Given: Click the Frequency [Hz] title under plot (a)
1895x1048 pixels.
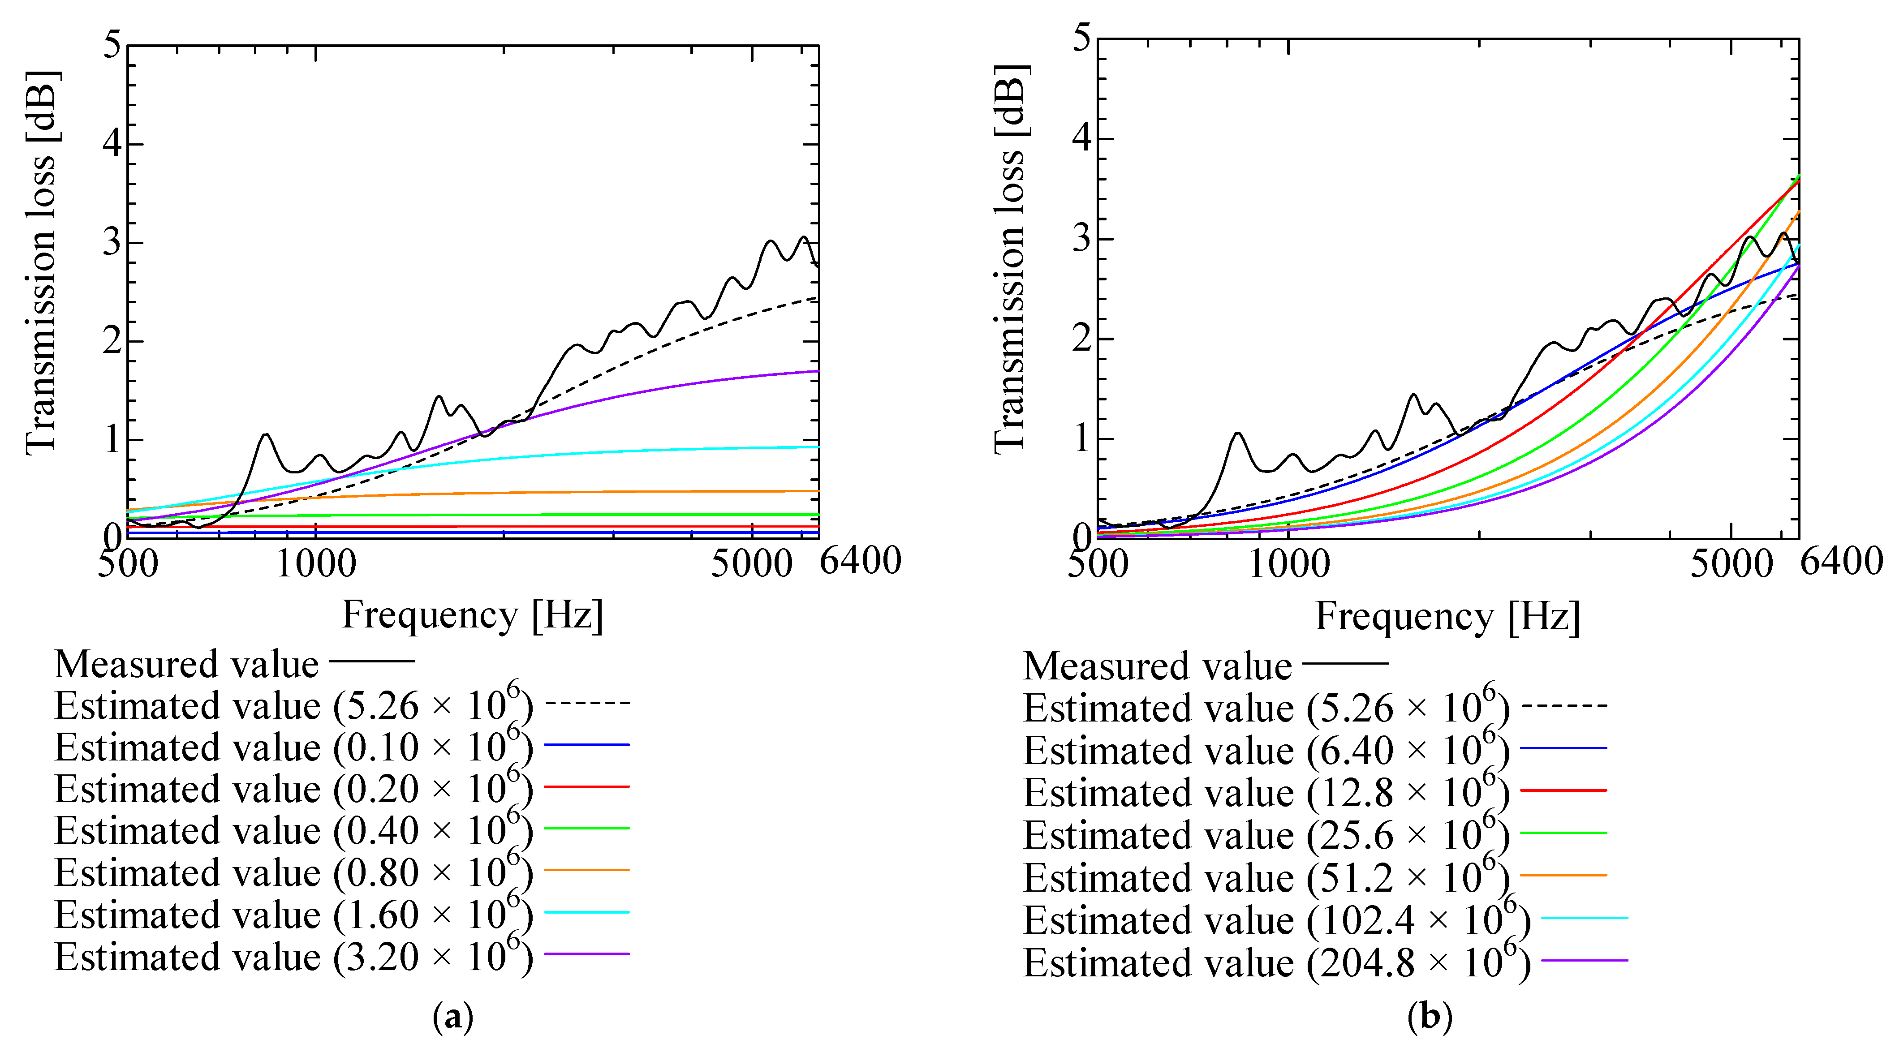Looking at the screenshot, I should (x=472, y=615).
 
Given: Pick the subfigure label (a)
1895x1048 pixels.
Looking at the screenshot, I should (x=453, y=1018).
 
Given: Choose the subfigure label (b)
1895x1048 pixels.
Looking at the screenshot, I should (x=1430, y=1018).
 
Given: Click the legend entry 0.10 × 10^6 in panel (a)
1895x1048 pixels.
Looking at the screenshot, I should (x=294, y=747).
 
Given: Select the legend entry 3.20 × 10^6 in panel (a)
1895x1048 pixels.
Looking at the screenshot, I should (x=294, y=956).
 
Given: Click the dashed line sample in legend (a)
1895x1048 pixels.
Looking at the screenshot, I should (x=587, y=703).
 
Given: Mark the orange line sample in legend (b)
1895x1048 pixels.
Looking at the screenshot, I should (x=1563, y=875).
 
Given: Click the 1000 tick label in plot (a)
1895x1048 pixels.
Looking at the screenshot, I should (x=315, y=564).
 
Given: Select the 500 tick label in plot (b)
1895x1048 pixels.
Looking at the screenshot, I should (x=1098, y=564).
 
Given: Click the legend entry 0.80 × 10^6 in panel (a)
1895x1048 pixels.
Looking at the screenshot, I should (x=294, y=872).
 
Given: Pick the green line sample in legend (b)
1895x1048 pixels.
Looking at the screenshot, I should (x=1563, y=833).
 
